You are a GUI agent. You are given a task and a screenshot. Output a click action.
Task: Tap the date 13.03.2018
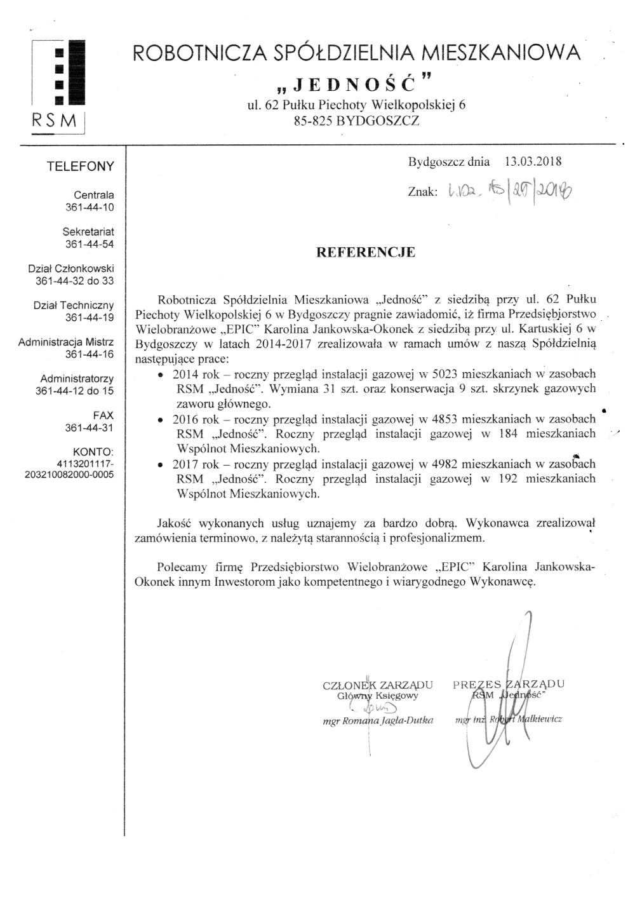click(x=533, y=161)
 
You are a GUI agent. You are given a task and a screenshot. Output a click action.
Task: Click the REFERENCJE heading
click(x=366, y=252)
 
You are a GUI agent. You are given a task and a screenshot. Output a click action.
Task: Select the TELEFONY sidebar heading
click(x=81, y=166)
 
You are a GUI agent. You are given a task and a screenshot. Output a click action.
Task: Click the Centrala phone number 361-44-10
click(x=90, y=207)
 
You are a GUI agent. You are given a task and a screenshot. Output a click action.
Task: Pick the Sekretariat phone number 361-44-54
click(x=90, y=244)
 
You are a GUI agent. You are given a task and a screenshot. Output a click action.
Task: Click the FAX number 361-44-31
click(x=90, y=428)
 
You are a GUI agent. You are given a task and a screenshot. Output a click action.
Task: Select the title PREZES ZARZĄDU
click(x=509, y=684)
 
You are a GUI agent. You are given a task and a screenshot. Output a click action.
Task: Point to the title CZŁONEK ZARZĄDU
click(x=378, y=685)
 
